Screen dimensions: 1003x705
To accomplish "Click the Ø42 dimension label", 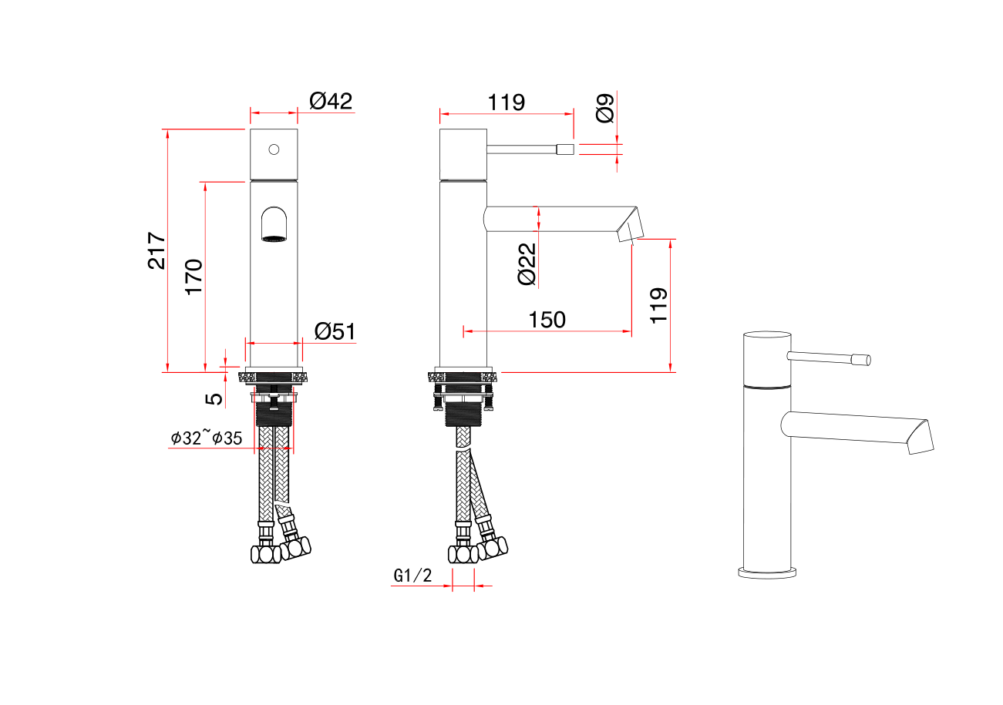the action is tap(331, 101).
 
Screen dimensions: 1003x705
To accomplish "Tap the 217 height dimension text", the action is tap(157, 250).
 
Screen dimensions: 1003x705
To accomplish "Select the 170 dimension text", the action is tap(194, 277).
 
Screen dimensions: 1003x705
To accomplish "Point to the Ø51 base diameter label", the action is tap(335, 331).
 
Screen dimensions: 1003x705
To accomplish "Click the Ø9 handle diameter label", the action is tap(604, 108).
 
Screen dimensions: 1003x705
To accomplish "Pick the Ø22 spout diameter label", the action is tap(527, 264).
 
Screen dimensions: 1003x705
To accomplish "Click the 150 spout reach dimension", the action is tap(547, 320).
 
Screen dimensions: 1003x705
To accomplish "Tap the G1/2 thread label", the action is tap(412, 576).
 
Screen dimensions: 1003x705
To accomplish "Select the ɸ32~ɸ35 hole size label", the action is tap(207, 438).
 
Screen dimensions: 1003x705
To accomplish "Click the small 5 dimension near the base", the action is tap(214, 399).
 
